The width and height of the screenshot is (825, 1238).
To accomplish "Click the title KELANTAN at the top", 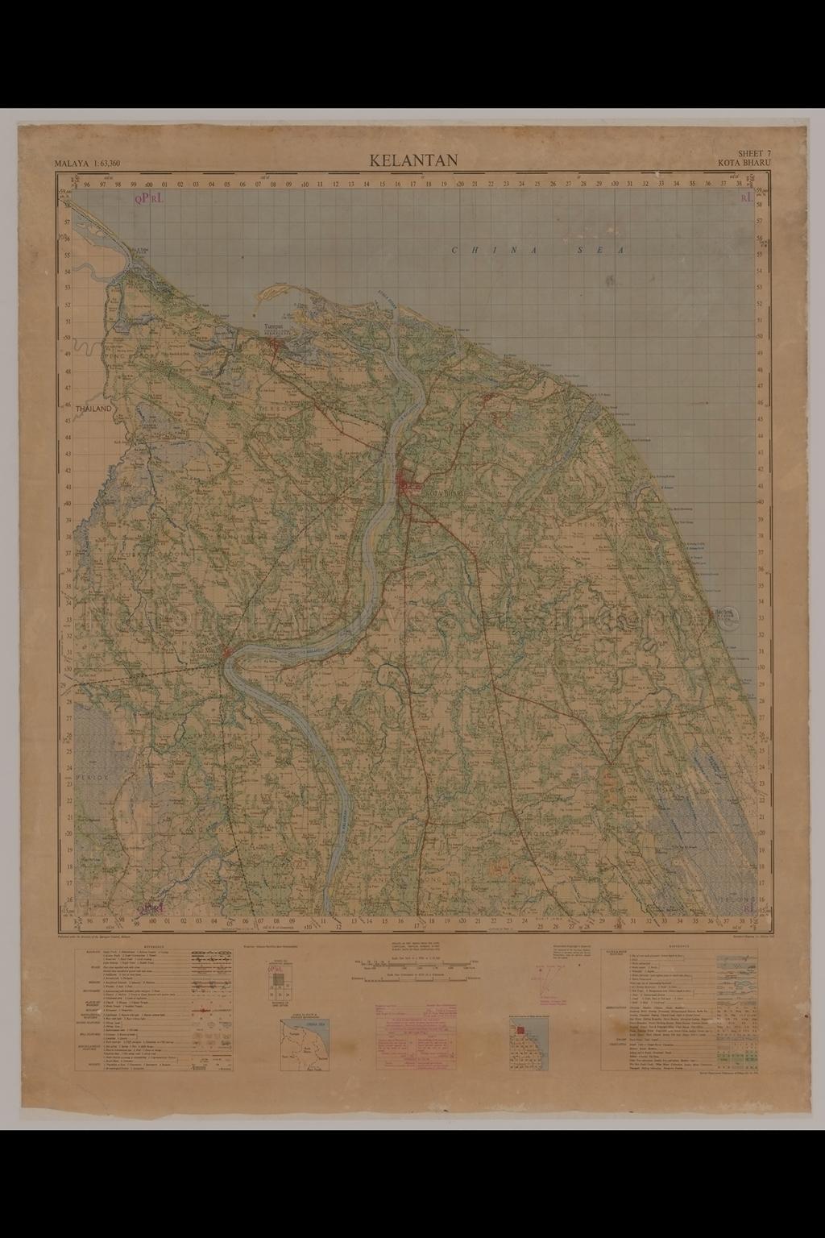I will point(413,160).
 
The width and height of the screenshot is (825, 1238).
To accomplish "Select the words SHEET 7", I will point(754,153).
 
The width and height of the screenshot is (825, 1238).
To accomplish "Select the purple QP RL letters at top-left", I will point(149,197).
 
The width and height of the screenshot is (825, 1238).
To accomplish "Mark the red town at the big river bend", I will point(228,652).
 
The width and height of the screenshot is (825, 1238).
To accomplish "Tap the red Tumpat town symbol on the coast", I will point(276,347).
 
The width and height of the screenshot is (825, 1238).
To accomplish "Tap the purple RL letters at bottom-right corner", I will point(748,906).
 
